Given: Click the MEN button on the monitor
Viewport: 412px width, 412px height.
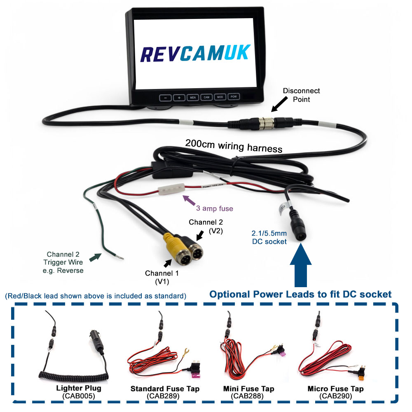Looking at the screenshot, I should coord(193,98).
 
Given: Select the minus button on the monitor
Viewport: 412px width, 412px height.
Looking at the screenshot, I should coord(165,98).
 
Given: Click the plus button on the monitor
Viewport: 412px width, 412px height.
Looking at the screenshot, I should coord(179,98).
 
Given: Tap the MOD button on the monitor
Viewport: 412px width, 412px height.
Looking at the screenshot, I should coord(220,98).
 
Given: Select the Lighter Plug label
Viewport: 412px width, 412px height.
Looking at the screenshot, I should coord(79,388).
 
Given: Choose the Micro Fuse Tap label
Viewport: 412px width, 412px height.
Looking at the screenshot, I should coord(335,389).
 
